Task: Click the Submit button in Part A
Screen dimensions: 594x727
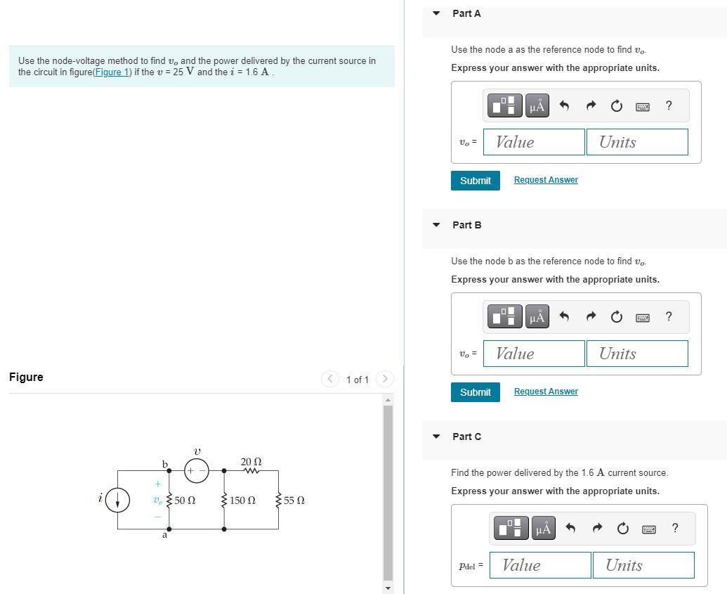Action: tap(475, 181)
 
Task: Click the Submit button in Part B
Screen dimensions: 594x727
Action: tap(475, 392)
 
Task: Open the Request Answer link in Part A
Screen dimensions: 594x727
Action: tap(546, 180)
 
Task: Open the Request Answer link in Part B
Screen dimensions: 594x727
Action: tap(546, 392)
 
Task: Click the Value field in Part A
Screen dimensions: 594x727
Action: tap(534, 142)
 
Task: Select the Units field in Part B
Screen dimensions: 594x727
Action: tap(636, 354)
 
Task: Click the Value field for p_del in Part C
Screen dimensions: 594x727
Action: tap(539, 565)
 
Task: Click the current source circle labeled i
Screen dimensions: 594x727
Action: tap(117, 500)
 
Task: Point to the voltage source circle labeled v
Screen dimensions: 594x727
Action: tap(197, 470)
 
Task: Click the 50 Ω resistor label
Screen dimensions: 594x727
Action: tap(185, 501)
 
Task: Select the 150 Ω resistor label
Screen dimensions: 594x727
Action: tap(242, 501)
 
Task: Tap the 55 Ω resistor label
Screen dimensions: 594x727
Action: tap(294, 501)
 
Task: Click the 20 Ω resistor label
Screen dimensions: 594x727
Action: tap(251, 462)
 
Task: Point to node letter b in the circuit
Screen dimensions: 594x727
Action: tap(165, 464)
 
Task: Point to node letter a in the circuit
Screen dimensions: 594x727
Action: tap(165, 536)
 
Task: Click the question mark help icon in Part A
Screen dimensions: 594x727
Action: tap(668, 105)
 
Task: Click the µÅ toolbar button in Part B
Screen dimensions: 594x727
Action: tap(537, 317)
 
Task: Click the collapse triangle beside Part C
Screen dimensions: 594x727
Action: tap(436, 437)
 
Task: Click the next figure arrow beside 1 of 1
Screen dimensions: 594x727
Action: tap(384, 379)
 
